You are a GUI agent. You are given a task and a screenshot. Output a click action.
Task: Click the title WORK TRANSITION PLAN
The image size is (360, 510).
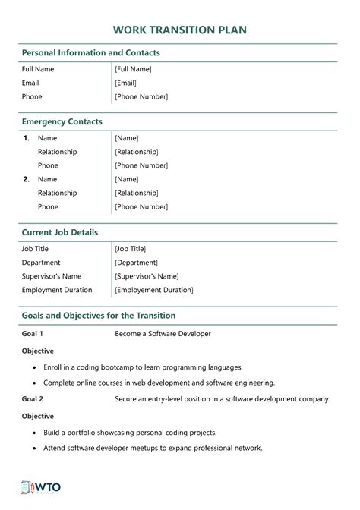coord(179,29)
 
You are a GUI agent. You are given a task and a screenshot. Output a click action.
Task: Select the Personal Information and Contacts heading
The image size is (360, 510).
coord(90,53)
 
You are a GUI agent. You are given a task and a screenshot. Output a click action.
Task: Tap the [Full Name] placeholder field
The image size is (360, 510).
coord(133,69)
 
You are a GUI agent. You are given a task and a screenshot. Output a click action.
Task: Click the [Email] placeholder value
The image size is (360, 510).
coord(125,83)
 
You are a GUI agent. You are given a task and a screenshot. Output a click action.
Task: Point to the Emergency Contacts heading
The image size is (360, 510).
coord(62,121)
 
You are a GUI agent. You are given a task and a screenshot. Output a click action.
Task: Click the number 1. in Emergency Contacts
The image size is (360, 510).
coord(27,138)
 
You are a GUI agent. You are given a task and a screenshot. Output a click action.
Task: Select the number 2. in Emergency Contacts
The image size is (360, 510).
coord(27,179)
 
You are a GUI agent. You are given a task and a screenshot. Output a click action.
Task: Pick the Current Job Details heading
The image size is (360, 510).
coord(60,231)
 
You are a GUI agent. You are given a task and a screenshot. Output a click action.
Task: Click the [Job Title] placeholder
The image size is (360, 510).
coord(130,248)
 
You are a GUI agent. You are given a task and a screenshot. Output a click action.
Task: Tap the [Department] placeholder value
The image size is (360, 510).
coord(136,262)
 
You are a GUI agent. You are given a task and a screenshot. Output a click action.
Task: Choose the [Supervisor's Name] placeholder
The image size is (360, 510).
coord(147,276)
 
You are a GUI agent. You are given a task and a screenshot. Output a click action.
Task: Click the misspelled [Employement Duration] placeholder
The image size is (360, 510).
coord(153,290)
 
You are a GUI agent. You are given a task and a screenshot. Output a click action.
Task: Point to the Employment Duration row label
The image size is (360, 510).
coord(57,290)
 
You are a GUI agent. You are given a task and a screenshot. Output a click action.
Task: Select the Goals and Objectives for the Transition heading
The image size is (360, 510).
coord(99,315)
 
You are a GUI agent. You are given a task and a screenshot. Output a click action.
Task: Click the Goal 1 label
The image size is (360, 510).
coord(33,333)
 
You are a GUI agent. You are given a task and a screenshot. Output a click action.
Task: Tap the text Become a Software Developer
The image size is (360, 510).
coord(163,333)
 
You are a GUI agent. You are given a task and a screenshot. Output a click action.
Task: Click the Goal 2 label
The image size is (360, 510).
coord(33,398)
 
